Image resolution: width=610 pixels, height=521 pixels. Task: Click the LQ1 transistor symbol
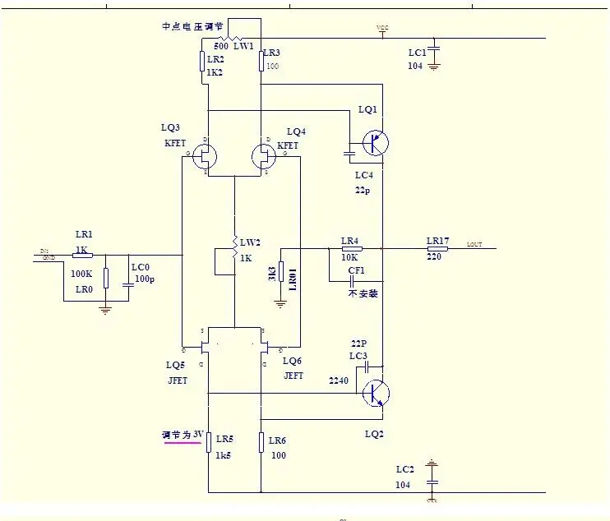click(x=376, y=143)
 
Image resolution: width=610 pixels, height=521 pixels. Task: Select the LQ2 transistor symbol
click(x=376, y=394)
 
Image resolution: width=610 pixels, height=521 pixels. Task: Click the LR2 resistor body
click(x=202, y=62)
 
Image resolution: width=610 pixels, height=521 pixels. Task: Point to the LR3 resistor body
click(x=261, y=62)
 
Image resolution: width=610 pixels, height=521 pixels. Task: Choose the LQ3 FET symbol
click(x=206, y=154)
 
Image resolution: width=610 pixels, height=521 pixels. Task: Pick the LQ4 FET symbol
click(x=263, y=154)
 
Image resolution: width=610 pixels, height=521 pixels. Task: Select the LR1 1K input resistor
click(x=83, y=255)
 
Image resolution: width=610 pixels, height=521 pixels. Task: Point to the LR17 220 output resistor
click(x=437, y=247)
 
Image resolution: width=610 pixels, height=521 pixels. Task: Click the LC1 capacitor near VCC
click(x=433, y=51)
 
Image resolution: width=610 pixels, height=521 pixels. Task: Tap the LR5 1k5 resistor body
click(x=208, y=442)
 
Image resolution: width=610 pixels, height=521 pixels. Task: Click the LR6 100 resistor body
click(x=261, y=442)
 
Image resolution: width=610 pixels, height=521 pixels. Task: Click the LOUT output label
click(x=474, y=244)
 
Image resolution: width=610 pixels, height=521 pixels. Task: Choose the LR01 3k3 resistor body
click(x=280, y=272)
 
